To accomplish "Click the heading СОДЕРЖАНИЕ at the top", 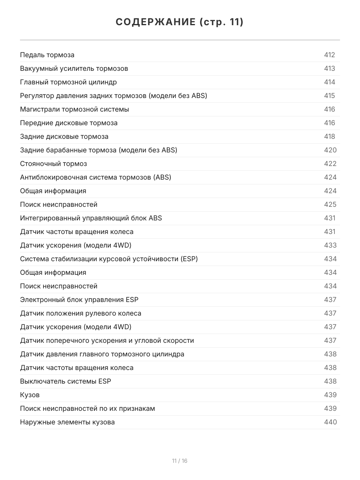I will (x=180, y=22).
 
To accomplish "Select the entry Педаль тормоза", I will (x=47, y=55).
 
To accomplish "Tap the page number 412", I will (x=329, y=55).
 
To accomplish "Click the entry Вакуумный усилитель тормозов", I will (x=74, y=68).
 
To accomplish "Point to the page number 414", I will (x=329, y=82).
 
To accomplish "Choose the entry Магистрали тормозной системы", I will (x=74, y=109).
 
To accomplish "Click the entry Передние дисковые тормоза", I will (x=69, y=123).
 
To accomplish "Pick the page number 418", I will (x=329, y=136).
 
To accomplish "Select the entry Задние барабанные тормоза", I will (x=98, y=150).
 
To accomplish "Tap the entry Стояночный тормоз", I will (x=53, y=164).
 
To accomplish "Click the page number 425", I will (x=330, y=204).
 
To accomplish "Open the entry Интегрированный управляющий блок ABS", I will (x=91, y=218).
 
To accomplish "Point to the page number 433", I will (x=330, y=245).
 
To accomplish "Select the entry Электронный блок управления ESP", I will (x=79, y=300).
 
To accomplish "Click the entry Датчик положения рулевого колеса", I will (x=80, y=313).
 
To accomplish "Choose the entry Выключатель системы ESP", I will (x=66, y=381).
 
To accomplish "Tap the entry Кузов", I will (x=30, y=395).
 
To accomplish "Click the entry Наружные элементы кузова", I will (x=67, y=422).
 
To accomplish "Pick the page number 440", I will (x=330, y=422).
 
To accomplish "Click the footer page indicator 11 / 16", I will (x=180, y=461).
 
